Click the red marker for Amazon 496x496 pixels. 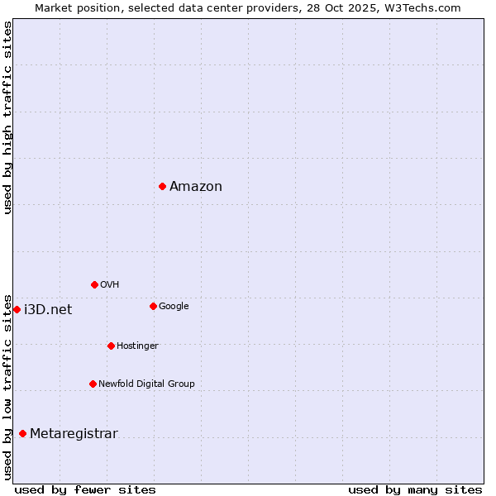162,186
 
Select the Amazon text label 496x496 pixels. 196,187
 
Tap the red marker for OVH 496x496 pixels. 94,284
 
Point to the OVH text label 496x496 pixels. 110,285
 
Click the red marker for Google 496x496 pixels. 153,306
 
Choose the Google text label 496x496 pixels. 174,307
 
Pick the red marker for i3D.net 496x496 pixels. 17,309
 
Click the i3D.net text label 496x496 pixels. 48,310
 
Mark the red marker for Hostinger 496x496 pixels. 111,346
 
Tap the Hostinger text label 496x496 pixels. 137,346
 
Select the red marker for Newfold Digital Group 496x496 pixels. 93,384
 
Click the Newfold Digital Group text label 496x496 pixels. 146,384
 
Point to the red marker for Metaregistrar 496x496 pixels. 22,433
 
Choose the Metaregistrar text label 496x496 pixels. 74,434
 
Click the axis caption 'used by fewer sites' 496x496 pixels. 85,489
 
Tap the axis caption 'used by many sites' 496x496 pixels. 415,489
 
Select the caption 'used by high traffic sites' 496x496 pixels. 7,117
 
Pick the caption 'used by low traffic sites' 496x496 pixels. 7,386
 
